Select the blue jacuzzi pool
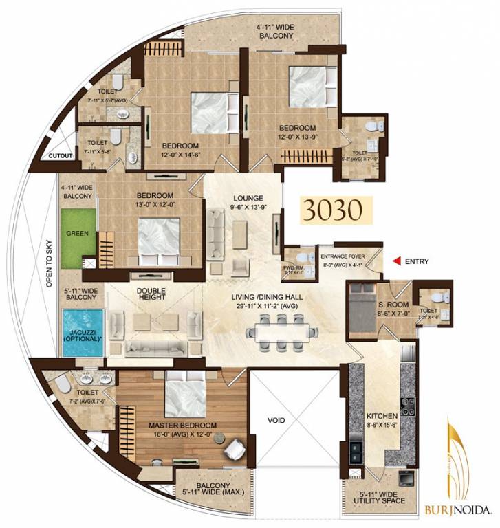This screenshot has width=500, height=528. click(83, 333)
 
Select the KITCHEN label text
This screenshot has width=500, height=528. click(382, 417)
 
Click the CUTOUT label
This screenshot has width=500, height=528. click(61, 156)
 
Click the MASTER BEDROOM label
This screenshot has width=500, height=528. click(182, 426)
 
